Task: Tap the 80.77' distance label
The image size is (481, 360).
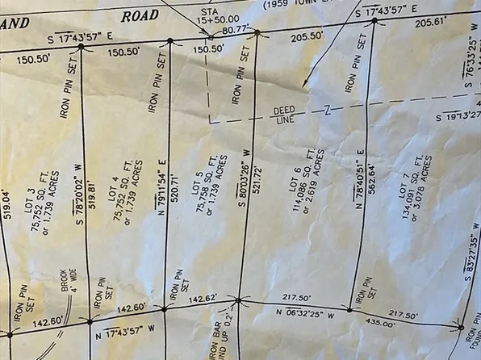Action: click(x=235, y=29)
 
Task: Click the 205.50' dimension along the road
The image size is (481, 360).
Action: click(x=307, y=37)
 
